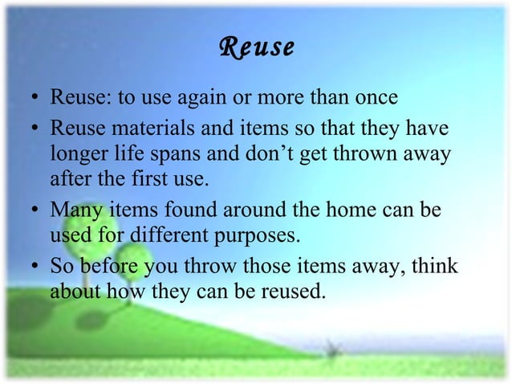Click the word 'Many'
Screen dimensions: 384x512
tap(71, 210)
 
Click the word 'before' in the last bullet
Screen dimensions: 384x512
tap(109, 264)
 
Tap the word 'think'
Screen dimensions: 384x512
tap(436, 264)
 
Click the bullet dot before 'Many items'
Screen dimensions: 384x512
tap(31, 211)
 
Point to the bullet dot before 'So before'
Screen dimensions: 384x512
tap(31, 266)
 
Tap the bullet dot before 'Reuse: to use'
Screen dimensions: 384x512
tap(31, 100)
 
